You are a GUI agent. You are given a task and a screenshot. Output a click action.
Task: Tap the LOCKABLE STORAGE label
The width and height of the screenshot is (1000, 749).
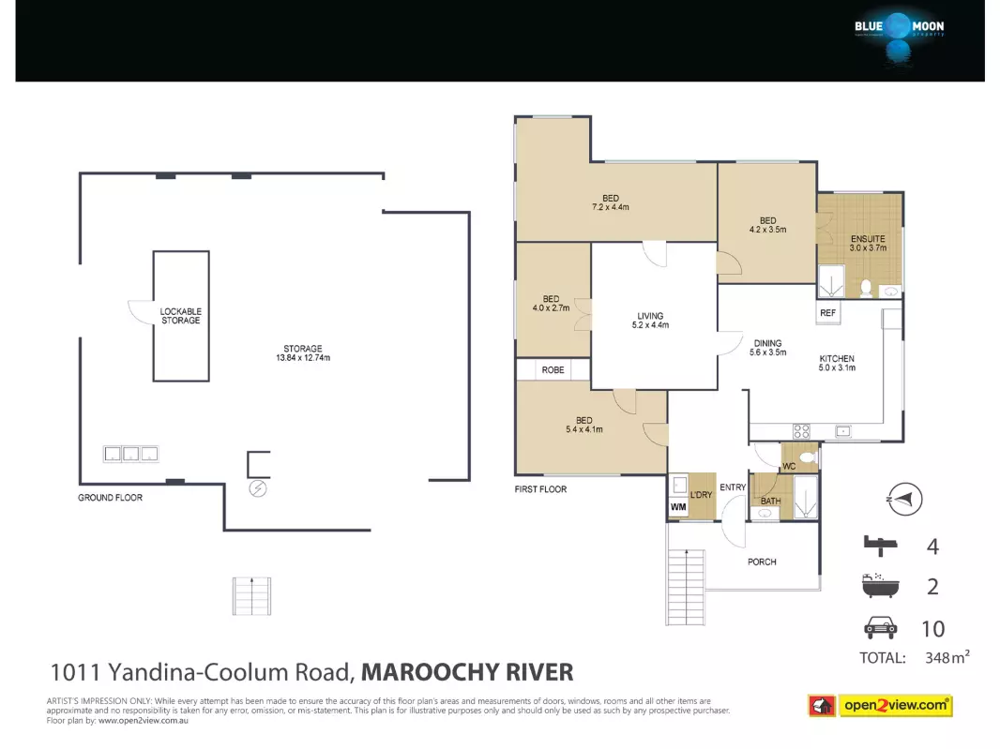(180, 316)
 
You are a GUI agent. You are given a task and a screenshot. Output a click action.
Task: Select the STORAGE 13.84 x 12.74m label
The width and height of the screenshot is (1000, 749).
(303, 353)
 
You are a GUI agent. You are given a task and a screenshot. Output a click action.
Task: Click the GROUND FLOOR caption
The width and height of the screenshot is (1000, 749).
(111, 497)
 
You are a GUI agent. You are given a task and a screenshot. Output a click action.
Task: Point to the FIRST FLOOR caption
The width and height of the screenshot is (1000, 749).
(541, 489)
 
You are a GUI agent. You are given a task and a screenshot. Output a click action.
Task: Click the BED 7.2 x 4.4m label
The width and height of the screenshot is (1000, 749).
(611, 202)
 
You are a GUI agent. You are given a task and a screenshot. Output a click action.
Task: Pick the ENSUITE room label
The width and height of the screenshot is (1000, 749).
(868, 243)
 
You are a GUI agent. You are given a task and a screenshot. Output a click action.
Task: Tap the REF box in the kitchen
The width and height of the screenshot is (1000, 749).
(827, 312)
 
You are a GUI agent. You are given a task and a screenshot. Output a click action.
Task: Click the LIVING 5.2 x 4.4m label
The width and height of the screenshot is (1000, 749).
(650, 320)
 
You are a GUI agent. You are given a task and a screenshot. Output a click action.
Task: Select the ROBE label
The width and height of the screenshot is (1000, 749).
(553, 369)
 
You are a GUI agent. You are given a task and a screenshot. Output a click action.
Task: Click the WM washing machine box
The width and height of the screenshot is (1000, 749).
(678, 507)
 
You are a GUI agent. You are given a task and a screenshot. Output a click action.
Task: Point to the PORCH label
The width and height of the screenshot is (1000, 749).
(762, 562)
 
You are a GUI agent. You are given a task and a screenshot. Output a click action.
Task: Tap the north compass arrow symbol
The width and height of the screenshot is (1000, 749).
(904, 499)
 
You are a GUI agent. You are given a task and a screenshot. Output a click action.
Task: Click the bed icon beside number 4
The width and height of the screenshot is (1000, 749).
(881, 545)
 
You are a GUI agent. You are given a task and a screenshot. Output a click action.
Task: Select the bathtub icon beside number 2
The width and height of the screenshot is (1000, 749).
(880, 585)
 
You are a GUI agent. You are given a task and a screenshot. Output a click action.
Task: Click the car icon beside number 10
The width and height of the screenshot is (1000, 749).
(880, 628)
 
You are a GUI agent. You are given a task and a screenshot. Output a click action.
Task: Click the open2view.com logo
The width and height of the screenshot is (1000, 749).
(880, 706)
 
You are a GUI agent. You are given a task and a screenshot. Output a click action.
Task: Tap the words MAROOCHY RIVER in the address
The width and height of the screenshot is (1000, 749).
(467, 672)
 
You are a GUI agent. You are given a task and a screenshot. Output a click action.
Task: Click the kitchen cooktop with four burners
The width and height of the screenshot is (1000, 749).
(802, 431)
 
